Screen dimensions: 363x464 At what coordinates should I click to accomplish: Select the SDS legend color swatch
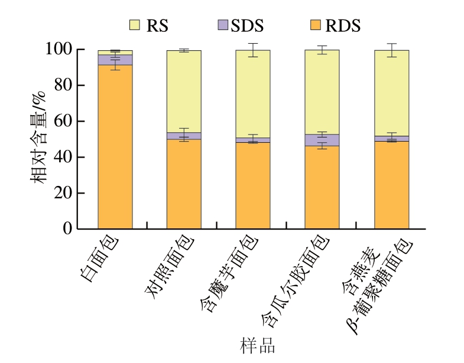tap(223, 25)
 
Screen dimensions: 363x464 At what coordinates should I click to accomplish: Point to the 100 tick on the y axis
tap(59, 50)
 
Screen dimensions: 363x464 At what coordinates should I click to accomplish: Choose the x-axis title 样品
tap(258, 345)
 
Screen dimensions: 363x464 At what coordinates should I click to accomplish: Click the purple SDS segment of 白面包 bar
tap(115, 60)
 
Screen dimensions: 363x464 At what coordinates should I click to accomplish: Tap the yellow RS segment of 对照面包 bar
tap(184, 91)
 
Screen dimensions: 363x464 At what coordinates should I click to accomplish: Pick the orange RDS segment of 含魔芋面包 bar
tap(253, 185)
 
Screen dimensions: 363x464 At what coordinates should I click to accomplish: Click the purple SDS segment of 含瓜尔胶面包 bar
tap(322, 140)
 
